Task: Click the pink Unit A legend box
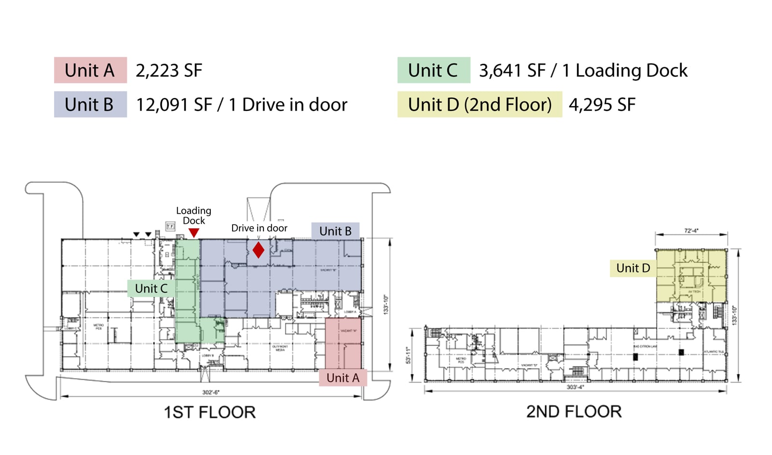pos(90,70)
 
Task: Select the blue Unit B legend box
pos(90,105)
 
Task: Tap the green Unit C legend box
pos(433,70)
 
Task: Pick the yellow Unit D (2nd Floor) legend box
pos(480,105)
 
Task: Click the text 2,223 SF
pos(169,71)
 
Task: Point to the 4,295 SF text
pos(602,105)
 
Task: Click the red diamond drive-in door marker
pos(259,250)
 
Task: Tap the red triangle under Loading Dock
pos(194,233)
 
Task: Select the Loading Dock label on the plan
pos(193,216)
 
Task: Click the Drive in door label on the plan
pos(259,228)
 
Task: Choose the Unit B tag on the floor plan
pos(335,231)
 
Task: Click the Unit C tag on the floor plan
pos(151,289)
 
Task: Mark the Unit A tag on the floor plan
pos(343,378)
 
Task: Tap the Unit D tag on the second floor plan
pos(633,268)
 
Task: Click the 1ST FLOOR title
pos(209,413)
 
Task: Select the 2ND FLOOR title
pos(574,412)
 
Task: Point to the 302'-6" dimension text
pos(211,392)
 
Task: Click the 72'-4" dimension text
pos(691,231)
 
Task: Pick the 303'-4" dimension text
pos(575,387)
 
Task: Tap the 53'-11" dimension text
pos(408,355)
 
